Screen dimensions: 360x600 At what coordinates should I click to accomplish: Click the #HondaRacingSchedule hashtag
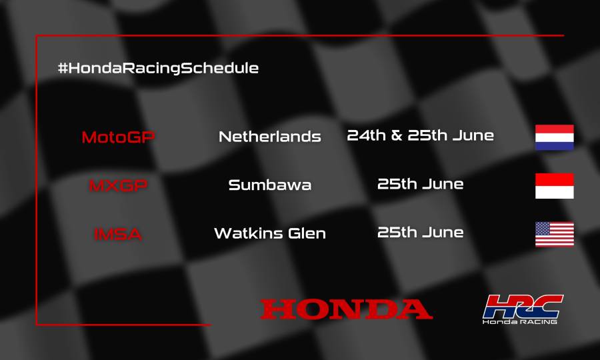158,68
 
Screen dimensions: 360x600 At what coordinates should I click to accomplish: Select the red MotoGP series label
118,137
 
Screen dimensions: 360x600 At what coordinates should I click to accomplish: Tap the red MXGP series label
117,185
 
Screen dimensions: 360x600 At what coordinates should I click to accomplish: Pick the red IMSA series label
117,234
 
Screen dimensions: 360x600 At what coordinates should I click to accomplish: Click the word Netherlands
270,137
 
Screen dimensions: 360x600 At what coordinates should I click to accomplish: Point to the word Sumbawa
270,185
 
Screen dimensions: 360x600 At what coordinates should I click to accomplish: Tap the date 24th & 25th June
421,136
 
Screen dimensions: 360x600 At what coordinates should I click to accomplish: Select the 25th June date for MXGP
421,184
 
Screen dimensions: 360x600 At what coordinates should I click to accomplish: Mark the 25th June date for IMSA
421,233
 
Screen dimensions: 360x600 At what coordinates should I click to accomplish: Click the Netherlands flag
554,137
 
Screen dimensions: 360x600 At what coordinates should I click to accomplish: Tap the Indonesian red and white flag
554,186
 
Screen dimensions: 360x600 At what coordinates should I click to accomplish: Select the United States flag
554,234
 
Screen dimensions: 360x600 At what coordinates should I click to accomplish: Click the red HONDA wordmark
346,309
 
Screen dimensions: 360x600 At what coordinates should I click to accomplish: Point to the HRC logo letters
523,306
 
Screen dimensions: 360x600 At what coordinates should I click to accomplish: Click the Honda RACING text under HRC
521,321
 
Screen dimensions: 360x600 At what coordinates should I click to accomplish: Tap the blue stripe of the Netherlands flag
554,145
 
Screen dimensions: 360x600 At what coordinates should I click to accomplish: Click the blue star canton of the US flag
544,228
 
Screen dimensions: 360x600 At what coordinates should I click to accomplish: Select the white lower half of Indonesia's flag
554,192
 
